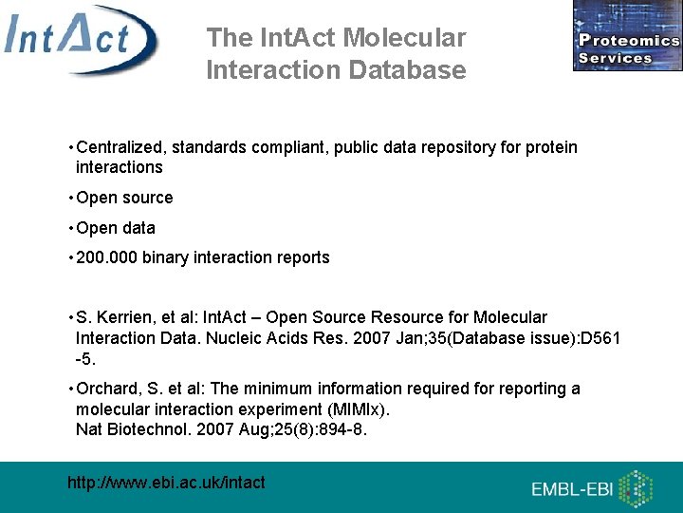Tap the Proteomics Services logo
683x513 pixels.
pos(627,36)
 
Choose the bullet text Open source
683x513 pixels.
pos(124,198)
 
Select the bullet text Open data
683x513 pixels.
pos(115,228)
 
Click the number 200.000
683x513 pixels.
pos(106,257)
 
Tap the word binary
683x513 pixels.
pos(166,257)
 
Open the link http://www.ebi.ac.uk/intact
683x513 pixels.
pos(166,483)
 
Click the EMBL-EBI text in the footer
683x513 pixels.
pos(572,490)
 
